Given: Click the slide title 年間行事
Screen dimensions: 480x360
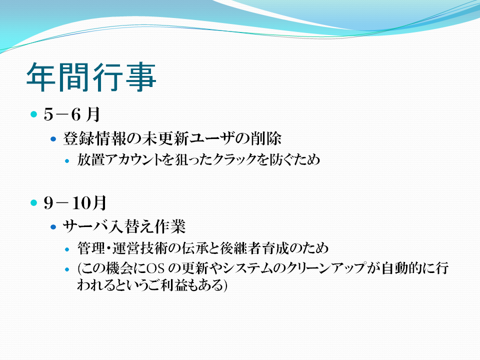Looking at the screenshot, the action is (x=91, y=77).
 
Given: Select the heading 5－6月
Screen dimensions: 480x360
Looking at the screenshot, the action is (x=72, y=114).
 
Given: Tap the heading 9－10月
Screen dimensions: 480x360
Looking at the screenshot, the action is (x=75, y=202).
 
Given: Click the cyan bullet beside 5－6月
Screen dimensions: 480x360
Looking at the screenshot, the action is (x=33, y=114).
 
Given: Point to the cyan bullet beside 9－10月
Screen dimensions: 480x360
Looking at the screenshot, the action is (x=33, y=202).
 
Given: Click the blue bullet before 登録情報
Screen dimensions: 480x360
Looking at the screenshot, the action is (x=53, y=139).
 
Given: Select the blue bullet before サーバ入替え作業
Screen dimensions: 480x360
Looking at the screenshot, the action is (x=53, y=227).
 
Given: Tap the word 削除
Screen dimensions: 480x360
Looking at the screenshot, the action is (x=265, y=138).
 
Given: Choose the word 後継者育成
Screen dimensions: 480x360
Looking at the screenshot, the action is (x=254, y=248).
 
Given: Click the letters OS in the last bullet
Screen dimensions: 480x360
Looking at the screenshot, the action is (x=155, y=268).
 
